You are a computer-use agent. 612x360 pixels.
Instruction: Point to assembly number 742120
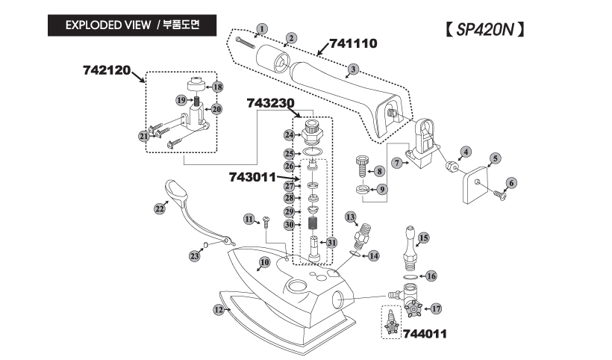(x=107, y=70)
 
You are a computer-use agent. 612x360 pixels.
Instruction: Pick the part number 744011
(x=424, y=334)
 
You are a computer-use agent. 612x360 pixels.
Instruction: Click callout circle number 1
(x=260, y=30)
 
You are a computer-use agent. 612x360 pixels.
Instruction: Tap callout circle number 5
(x=495, y=158)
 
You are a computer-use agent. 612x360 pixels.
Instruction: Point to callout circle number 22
(x=159, y=209)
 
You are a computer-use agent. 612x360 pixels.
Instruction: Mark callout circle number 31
(x=331, y=242)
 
